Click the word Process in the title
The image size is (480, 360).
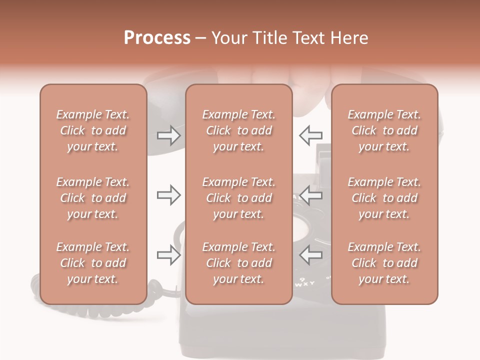[x=157, y=38]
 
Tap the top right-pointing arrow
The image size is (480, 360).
[x=168, y=135]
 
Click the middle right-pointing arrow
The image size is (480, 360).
[x=168, y=195]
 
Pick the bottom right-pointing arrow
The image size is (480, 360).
[x=168, y=255]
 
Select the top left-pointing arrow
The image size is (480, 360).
[x=310, y=135]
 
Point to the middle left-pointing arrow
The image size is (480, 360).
[x=310, y=195]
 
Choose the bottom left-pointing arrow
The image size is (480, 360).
[x=310, y=255]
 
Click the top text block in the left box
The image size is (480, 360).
[x=93, y=130]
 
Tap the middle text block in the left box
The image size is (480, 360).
[x=93, y=198]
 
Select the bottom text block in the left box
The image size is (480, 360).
[x=93, y=263]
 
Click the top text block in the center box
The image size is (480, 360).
[x=238, y=130]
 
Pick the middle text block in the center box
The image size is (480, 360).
[x=238, y=198]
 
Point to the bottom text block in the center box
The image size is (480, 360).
[x=238, y=263]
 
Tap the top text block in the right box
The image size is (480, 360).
[x=384, y=130]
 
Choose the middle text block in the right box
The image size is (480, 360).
[x=384, y=198]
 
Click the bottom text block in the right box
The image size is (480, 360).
[x=384, y=263]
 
